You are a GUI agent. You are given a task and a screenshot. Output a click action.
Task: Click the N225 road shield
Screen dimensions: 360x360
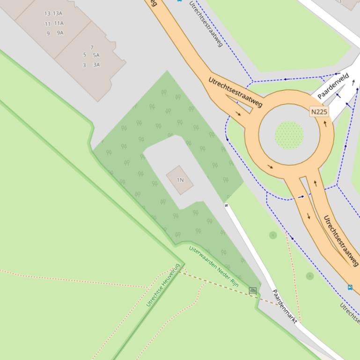click(319, 112)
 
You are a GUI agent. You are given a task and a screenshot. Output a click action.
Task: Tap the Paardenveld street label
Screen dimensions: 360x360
click(333, 86)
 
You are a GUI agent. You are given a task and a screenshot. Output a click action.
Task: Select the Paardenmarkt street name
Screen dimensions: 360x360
click(285, 306)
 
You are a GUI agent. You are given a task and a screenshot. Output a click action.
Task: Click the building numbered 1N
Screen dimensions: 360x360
click(180, 180)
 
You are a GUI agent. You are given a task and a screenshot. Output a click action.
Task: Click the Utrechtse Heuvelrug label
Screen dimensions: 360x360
click(163, 285)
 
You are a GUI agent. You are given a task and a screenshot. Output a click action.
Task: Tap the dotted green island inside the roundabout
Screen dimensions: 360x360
click(289, 135)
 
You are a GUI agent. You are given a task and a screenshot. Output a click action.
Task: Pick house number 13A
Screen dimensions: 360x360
click(58, 14)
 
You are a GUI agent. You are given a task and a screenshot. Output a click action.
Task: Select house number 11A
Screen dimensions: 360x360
click(59, 23)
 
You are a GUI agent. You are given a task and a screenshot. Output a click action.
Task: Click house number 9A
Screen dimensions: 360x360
click(60, 33)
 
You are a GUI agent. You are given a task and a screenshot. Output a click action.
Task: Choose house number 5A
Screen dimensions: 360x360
click(96, 55)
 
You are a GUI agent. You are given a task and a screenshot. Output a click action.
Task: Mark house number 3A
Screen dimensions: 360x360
click(96, 65)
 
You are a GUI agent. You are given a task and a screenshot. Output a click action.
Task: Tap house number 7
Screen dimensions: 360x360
click(92, 47)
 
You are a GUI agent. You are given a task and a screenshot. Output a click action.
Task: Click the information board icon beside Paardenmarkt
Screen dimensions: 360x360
click(253, 291)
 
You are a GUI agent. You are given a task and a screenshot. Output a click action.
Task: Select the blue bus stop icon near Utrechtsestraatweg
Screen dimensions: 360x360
click(350, 287)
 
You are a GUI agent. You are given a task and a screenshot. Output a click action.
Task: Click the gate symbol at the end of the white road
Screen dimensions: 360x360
click(226, 205)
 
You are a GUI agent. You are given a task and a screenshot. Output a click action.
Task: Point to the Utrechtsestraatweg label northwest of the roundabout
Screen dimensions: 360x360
click(235, 92)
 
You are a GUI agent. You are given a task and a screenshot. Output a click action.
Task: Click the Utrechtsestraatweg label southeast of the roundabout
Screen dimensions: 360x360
click(341, 240)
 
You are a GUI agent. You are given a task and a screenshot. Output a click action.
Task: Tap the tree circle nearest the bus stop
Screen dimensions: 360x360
click(309, 276)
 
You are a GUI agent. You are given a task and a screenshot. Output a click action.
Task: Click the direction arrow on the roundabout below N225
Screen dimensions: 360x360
click(325, 124)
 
